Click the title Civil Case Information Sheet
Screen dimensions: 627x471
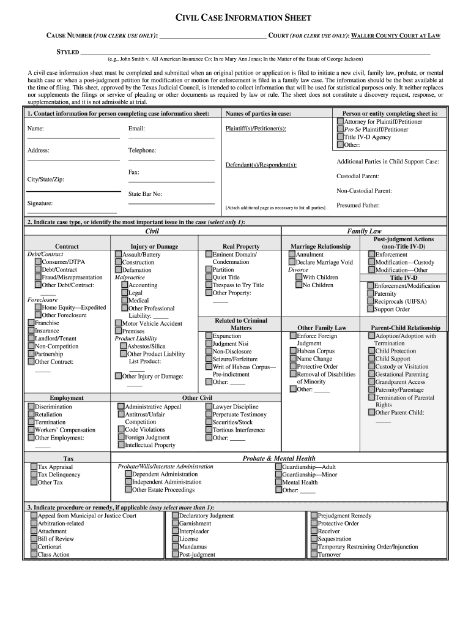point(236,18)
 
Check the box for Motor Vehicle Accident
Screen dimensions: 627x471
point(118,323)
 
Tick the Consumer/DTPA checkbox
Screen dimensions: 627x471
point(38,262)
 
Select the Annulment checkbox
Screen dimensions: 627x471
point(292,254)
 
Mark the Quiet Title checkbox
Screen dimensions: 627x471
point(209,277)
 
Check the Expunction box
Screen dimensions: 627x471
point(209,336)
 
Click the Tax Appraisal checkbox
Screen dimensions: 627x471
point(34,467)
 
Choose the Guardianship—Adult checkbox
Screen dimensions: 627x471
point(278,467)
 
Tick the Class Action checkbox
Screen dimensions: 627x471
point(34,554)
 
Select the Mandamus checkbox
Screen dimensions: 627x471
point(175,547)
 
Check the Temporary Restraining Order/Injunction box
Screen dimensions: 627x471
point(314,547)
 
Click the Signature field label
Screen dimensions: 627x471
point(40,203)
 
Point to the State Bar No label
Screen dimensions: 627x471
point(145,194)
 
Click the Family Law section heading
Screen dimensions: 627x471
point(364,231)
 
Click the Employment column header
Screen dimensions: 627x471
point(67,398)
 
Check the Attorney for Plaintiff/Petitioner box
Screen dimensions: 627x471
point(340,122)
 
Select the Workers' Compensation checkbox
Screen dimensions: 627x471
point(31,430)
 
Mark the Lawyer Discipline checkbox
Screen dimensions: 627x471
point(209,407)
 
